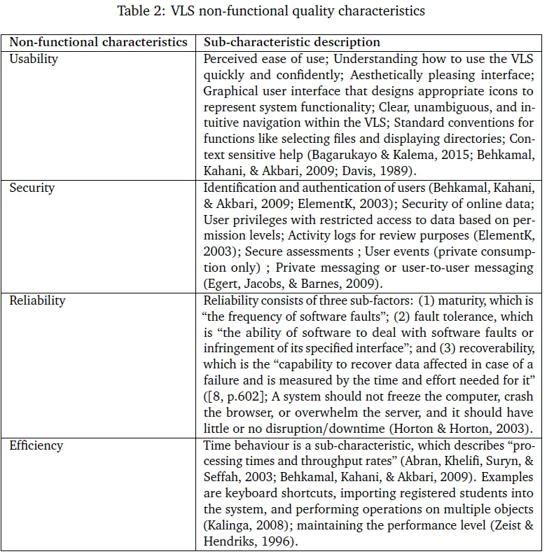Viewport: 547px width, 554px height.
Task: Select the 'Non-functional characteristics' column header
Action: [98, 42]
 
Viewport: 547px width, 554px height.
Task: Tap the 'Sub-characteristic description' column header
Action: [292, 42]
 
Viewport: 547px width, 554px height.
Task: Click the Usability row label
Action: [34, 59]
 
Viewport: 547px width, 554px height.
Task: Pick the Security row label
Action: [32, 188]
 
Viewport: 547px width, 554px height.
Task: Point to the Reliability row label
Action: [37, 300]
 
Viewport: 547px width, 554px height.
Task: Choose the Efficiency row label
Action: [36, 445]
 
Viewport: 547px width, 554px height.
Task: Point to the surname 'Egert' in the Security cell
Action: [223, 284]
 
